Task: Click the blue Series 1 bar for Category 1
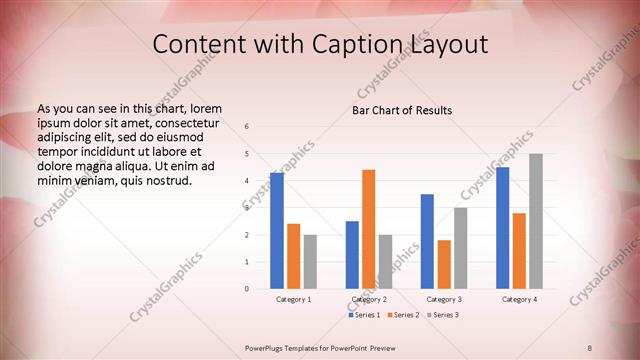(x=277, y=231)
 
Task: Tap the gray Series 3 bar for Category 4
(x=536, y=221)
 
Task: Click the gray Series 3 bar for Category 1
(x=310, y=262)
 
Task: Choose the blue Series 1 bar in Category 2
(x=352, y=255)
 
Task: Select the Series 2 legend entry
(x=403, y=315)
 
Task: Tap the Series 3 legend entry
(x=442, y=315)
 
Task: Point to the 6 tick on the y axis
(x=247, y=127)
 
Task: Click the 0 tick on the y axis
(x=247, y=289)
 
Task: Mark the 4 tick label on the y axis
(x=247, y=181)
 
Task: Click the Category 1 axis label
(x=294, y=299)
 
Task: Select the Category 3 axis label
(x=444, y=299)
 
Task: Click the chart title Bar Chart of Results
(x=402, y=110)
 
